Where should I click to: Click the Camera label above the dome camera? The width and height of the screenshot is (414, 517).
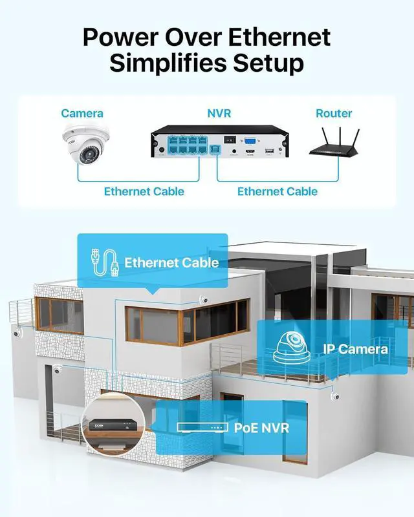pos(82,114)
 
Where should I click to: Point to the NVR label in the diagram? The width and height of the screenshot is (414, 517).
pos(219,114)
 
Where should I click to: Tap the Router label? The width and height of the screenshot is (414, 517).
pos(334,114)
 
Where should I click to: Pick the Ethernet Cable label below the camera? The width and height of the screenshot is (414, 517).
pos(144,191)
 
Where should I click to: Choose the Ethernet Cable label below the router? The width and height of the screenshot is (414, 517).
pos(277,191)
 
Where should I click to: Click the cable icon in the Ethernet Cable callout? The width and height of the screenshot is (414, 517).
pos(103,262)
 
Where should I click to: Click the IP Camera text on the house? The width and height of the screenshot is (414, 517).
pos(355,350)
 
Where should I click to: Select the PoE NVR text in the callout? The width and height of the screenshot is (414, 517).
pos(261,427)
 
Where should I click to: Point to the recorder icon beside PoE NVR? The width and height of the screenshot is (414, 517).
pos(202,428)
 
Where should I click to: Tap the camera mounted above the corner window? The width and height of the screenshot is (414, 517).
pos(202,299)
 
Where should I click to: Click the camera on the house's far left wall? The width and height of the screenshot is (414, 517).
pos(16,334)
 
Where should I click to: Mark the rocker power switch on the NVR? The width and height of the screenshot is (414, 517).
pos(226,139)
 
